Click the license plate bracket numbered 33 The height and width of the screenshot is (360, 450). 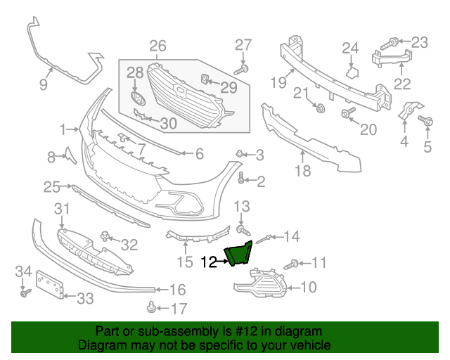(x=49, y=286)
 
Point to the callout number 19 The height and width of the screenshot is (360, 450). (x=278, y=82)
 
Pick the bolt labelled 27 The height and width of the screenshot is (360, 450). (x=241, y=69)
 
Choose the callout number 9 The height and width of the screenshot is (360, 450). (x=43, y=86)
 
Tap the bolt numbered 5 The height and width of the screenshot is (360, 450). (x=426, y=122)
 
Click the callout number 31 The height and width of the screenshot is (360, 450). (x=63, y=209)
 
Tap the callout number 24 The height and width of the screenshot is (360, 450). (x=350, y=48)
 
